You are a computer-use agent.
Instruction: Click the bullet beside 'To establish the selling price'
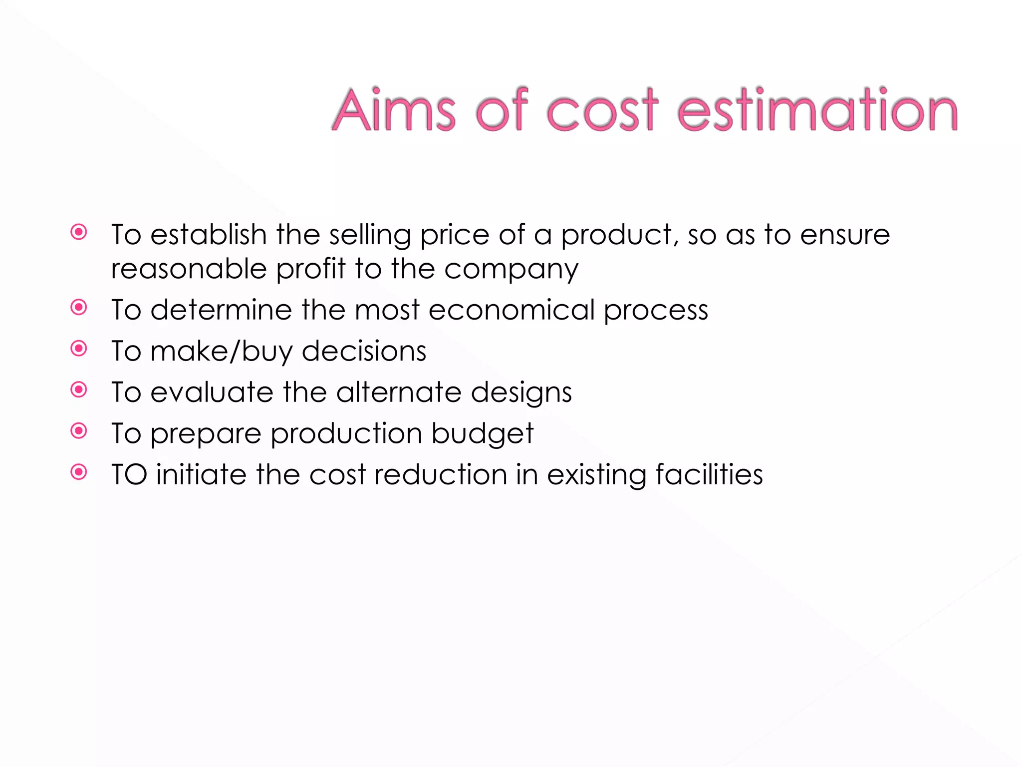[79, 232]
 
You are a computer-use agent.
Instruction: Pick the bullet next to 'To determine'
[79, 307]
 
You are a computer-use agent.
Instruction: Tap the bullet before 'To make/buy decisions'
[79, 348]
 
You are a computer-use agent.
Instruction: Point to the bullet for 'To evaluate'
[79, 389]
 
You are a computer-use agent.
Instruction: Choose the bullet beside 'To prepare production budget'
[79, 430]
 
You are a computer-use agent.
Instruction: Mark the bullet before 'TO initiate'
[79, 471]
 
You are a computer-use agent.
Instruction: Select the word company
[511, 270]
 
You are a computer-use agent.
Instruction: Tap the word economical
[511, 310]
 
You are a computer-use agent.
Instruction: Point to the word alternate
[399, 392]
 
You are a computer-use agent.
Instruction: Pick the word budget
[483, 433]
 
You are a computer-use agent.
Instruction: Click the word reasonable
[189, 269]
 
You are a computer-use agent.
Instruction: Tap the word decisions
[364, 351]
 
